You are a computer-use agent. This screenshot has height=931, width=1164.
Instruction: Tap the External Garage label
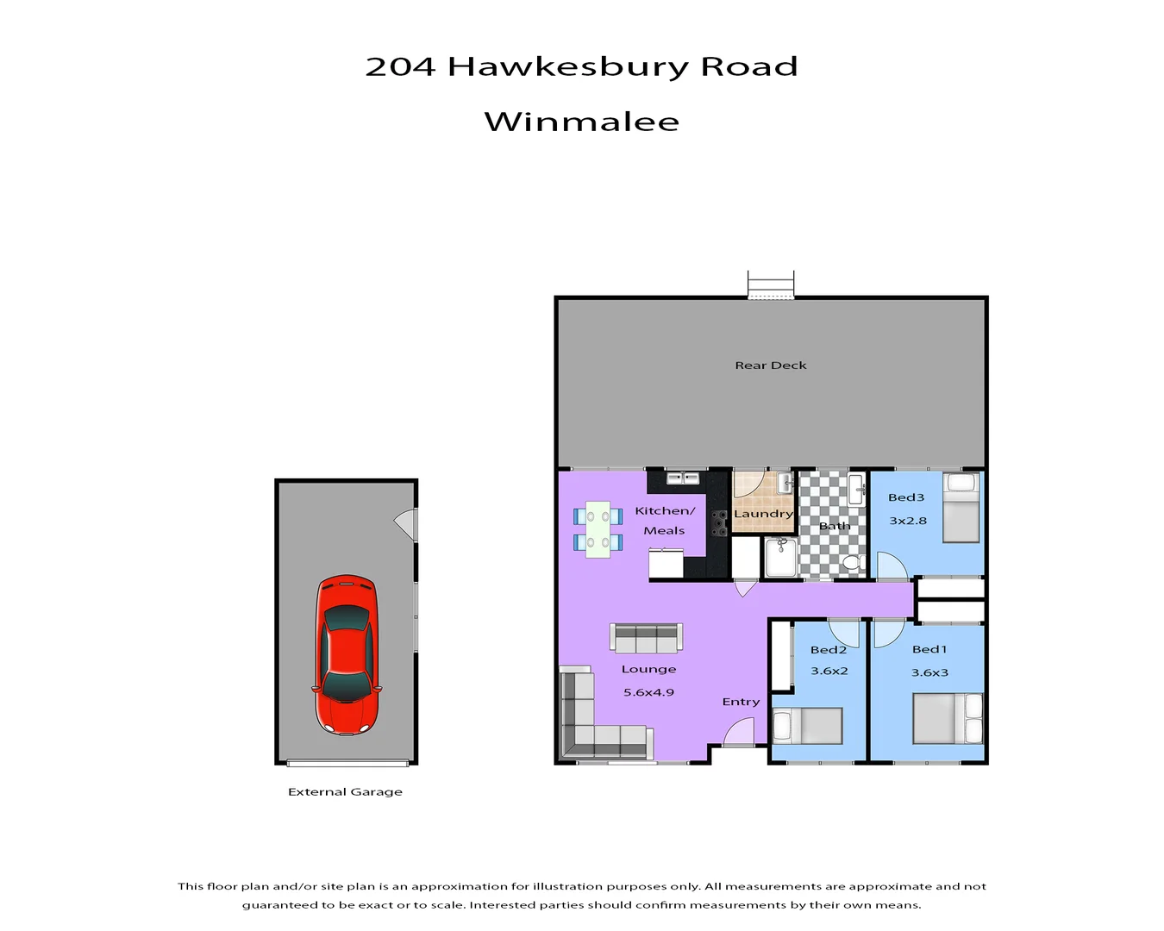345,791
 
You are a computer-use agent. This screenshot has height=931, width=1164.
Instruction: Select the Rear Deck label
771,366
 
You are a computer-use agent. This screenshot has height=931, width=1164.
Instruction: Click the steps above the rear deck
770,284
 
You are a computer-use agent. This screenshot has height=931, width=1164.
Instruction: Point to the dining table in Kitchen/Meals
598,529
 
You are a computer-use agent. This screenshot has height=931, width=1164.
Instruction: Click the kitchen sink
683,478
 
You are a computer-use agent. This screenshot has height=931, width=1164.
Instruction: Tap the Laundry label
763,514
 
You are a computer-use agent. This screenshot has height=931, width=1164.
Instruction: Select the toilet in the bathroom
852,563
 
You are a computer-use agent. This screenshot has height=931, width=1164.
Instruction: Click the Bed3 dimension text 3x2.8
908,521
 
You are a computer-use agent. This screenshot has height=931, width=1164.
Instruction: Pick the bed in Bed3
961,508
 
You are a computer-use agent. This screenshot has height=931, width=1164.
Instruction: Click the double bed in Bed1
948,718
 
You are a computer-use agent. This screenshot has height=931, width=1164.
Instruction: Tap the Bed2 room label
828,650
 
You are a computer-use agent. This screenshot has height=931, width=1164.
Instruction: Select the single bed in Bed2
807,726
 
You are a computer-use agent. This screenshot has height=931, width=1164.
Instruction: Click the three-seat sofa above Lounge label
646,638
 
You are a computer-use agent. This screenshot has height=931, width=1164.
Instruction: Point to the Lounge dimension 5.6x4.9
648,692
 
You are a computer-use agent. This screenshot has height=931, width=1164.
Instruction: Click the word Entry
741,702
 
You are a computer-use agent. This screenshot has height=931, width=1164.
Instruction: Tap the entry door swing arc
740,734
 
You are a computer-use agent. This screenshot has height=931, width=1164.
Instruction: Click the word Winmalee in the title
582,122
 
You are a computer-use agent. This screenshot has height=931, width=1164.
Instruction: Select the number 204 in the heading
400,66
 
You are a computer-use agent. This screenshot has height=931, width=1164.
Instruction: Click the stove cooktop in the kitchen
718,522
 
